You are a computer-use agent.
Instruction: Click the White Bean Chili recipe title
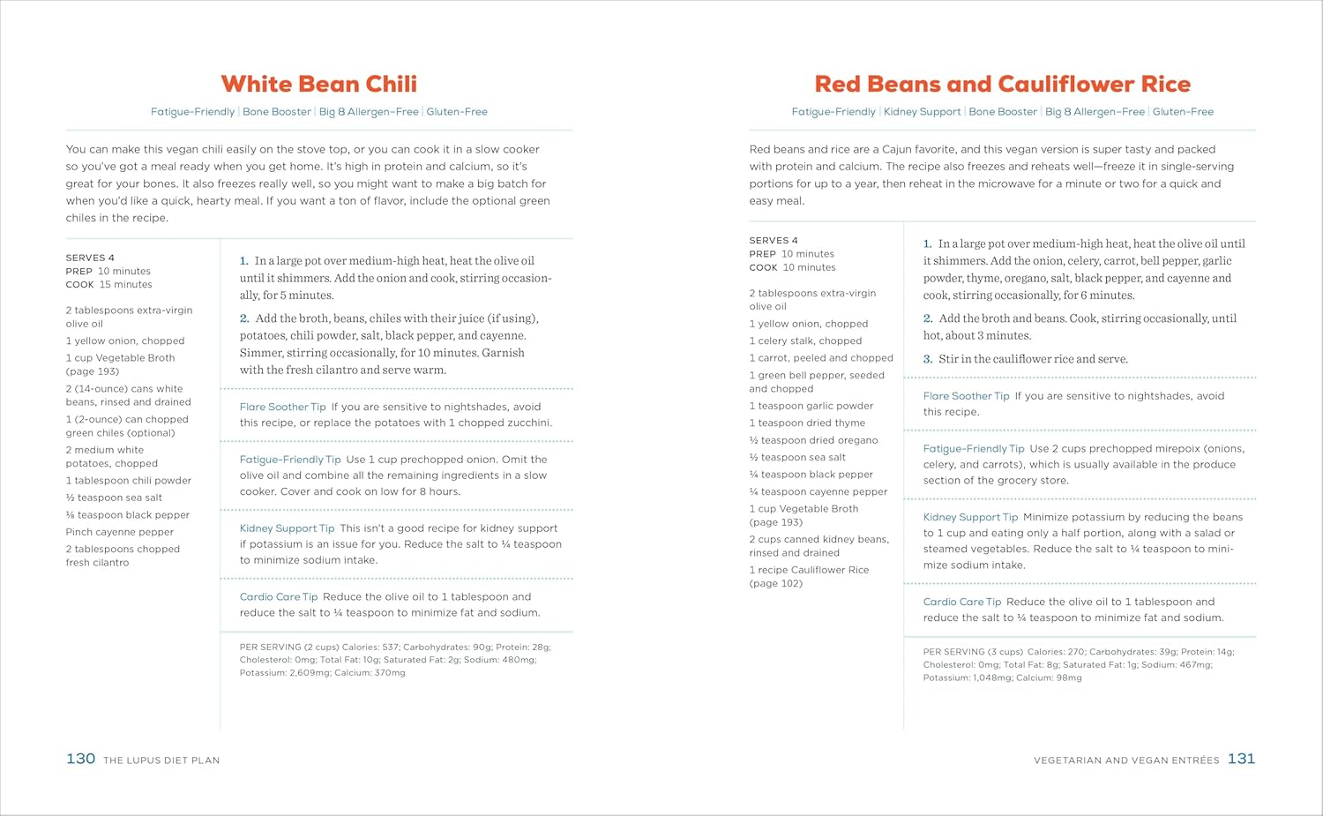click(318, 84)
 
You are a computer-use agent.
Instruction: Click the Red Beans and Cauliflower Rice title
click(1002, 84)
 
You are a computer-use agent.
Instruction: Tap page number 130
click(80, 759)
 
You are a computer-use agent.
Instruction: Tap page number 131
click(1241, 759)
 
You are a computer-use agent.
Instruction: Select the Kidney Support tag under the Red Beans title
click(922, 112)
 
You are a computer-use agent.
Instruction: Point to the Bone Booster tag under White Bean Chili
click(277, 112)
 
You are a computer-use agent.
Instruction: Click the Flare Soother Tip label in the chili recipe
click(282, 407)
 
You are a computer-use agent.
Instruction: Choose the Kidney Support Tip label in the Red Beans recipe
click(970, 517)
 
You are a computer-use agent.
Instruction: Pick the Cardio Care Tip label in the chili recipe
click(279, 597)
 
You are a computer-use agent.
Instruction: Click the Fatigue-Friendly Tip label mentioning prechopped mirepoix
click(974, 449)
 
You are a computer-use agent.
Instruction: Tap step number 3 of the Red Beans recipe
click(928, 359)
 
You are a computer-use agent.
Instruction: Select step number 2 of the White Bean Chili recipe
click(244, 318)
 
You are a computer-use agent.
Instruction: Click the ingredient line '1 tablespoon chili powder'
click(128, 481)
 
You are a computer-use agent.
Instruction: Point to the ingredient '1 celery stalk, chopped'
click(805, 341)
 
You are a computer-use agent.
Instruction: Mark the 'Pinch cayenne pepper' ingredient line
click(119, 532)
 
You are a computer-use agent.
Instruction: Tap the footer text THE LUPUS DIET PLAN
click(161, 760)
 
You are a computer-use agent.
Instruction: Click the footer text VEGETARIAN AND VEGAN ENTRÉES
click(1126, 760)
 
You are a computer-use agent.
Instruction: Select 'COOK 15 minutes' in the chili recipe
click(108, 285)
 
